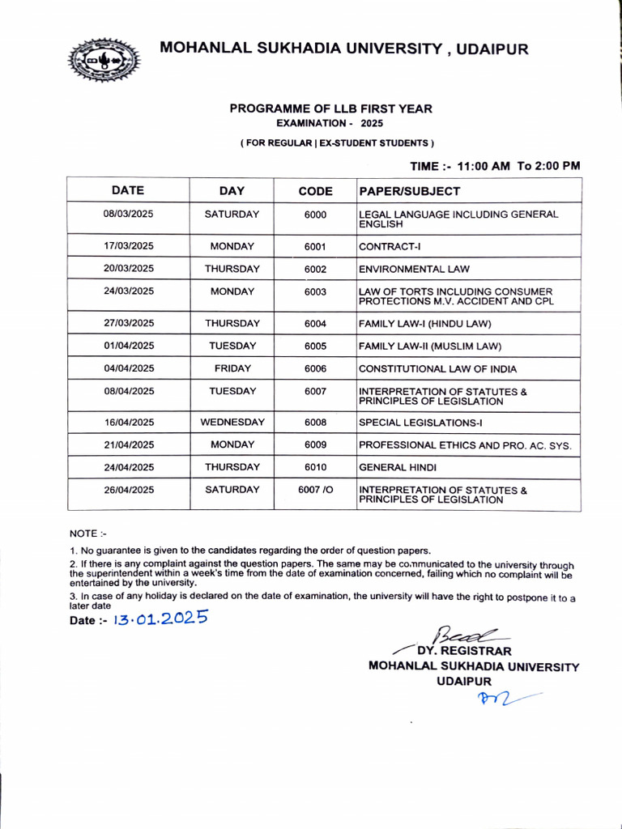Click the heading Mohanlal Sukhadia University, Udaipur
(344, 49)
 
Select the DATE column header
(128, 191)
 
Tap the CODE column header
(315, 192)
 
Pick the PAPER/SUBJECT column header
(409, 192)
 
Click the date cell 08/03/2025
(128, 214)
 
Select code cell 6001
(315, 246)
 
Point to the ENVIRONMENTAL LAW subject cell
(414, 269)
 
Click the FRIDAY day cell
(232, 368)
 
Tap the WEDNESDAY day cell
(232, 423)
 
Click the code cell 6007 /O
(315, 490)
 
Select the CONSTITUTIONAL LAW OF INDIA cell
(448, 369)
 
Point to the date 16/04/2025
(128, 423)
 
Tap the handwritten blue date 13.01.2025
(160, 619)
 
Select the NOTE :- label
(88, 533)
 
